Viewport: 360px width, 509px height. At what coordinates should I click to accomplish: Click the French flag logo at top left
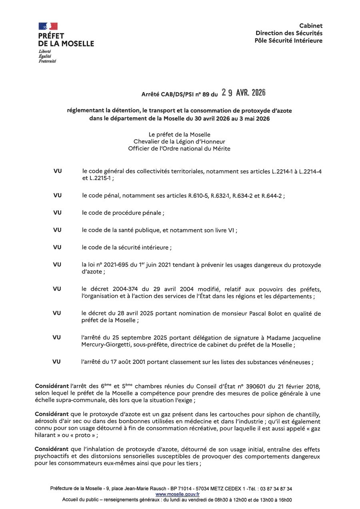pyautogui.click(x=48, y=26)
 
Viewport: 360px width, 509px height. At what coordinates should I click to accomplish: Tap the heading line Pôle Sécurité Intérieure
pyautogui.click(x=288, y=40)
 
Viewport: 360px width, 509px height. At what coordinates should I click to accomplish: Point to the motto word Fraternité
pyautogui.click(x=47, y=61)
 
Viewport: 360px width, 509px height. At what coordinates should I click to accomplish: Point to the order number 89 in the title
pyautogui.click(x=206, y=95)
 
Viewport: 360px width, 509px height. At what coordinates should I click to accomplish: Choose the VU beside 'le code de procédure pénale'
pyautogui.click(x=57, y=213)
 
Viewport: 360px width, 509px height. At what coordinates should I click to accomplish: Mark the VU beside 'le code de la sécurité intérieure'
pyautogui.click(x=57, y=247)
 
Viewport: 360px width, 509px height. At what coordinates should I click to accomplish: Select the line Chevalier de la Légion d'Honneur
pyautogui.click(x=179, y=142)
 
